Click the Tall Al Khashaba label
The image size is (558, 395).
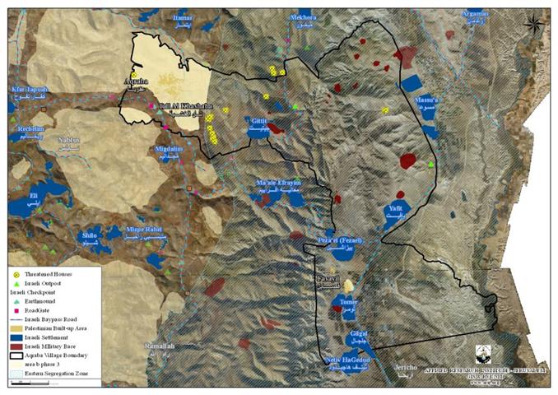[x=178, y=106]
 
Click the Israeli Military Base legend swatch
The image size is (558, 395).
[x=16, y=346]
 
